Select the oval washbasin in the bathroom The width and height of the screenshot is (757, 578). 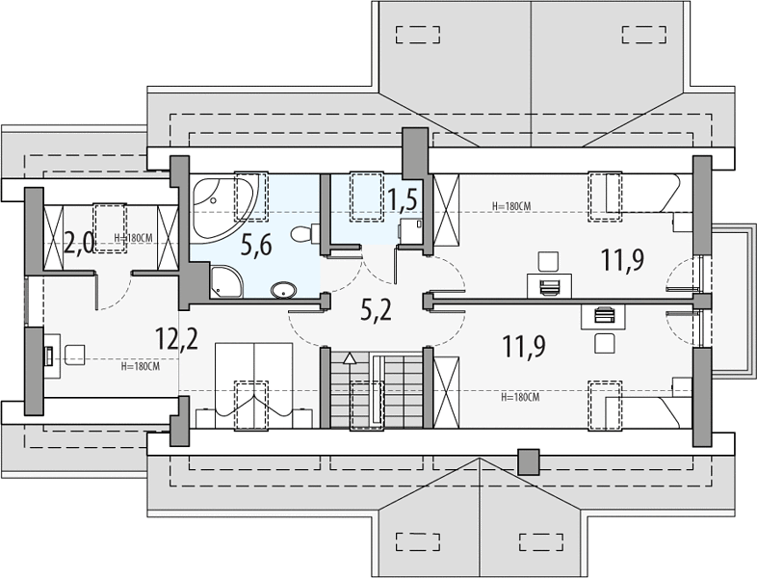pos(283,290)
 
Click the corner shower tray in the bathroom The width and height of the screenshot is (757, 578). pos(226,280)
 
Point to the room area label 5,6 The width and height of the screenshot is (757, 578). pos(256,245)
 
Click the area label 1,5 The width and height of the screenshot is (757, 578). pos(402,200)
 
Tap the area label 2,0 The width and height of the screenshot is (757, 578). pos(79,244)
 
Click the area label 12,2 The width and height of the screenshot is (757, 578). pos(176,338)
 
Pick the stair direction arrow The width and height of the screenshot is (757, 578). pos(349,358)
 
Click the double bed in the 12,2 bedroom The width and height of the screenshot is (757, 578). pos(254,385)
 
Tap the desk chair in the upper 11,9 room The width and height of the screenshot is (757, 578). pos(548,261)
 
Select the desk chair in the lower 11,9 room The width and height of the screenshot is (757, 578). pos(605,343)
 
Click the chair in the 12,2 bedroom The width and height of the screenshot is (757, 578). pos(75,355)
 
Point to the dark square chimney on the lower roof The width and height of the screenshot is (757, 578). pos(528,462)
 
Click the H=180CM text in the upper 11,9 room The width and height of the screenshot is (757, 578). pos(511,206)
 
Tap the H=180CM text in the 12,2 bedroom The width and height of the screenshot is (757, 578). pos(140,366)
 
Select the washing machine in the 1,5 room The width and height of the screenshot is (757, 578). pos(410,232)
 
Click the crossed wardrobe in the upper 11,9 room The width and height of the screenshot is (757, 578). pos(446,211)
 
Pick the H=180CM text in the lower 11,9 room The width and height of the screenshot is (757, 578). pos(520,398)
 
